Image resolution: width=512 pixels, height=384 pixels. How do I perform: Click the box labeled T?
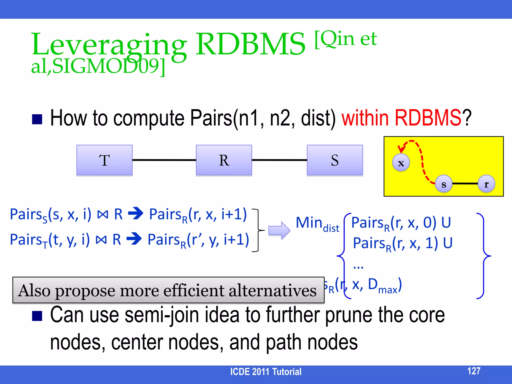104,160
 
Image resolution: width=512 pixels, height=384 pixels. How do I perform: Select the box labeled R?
224,160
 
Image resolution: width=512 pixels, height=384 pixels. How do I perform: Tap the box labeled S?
335,160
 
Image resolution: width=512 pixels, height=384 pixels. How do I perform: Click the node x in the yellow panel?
401,163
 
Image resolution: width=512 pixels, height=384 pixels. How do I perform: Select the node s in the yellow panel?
444,184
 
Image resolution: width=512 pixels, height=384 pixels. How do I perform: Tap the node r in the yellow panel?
486,184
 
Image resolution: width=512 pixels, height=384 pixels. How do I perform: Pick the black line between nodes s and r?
465,184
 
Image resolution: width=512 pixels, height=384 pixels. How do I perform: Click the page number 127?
474,371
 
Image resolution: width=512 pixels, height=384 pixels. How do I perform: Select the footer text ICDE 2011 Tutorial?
265,372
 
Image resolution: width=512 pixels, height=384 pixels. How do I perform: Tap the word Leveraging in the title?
109,45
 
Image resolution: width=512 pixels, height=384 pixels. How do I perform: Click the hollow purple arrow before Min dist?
279,230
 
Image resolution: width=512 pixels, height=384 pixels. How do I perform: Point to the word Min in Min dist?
309,222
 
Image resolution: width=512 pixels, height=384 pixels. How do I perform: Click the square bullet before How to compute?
37,119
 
